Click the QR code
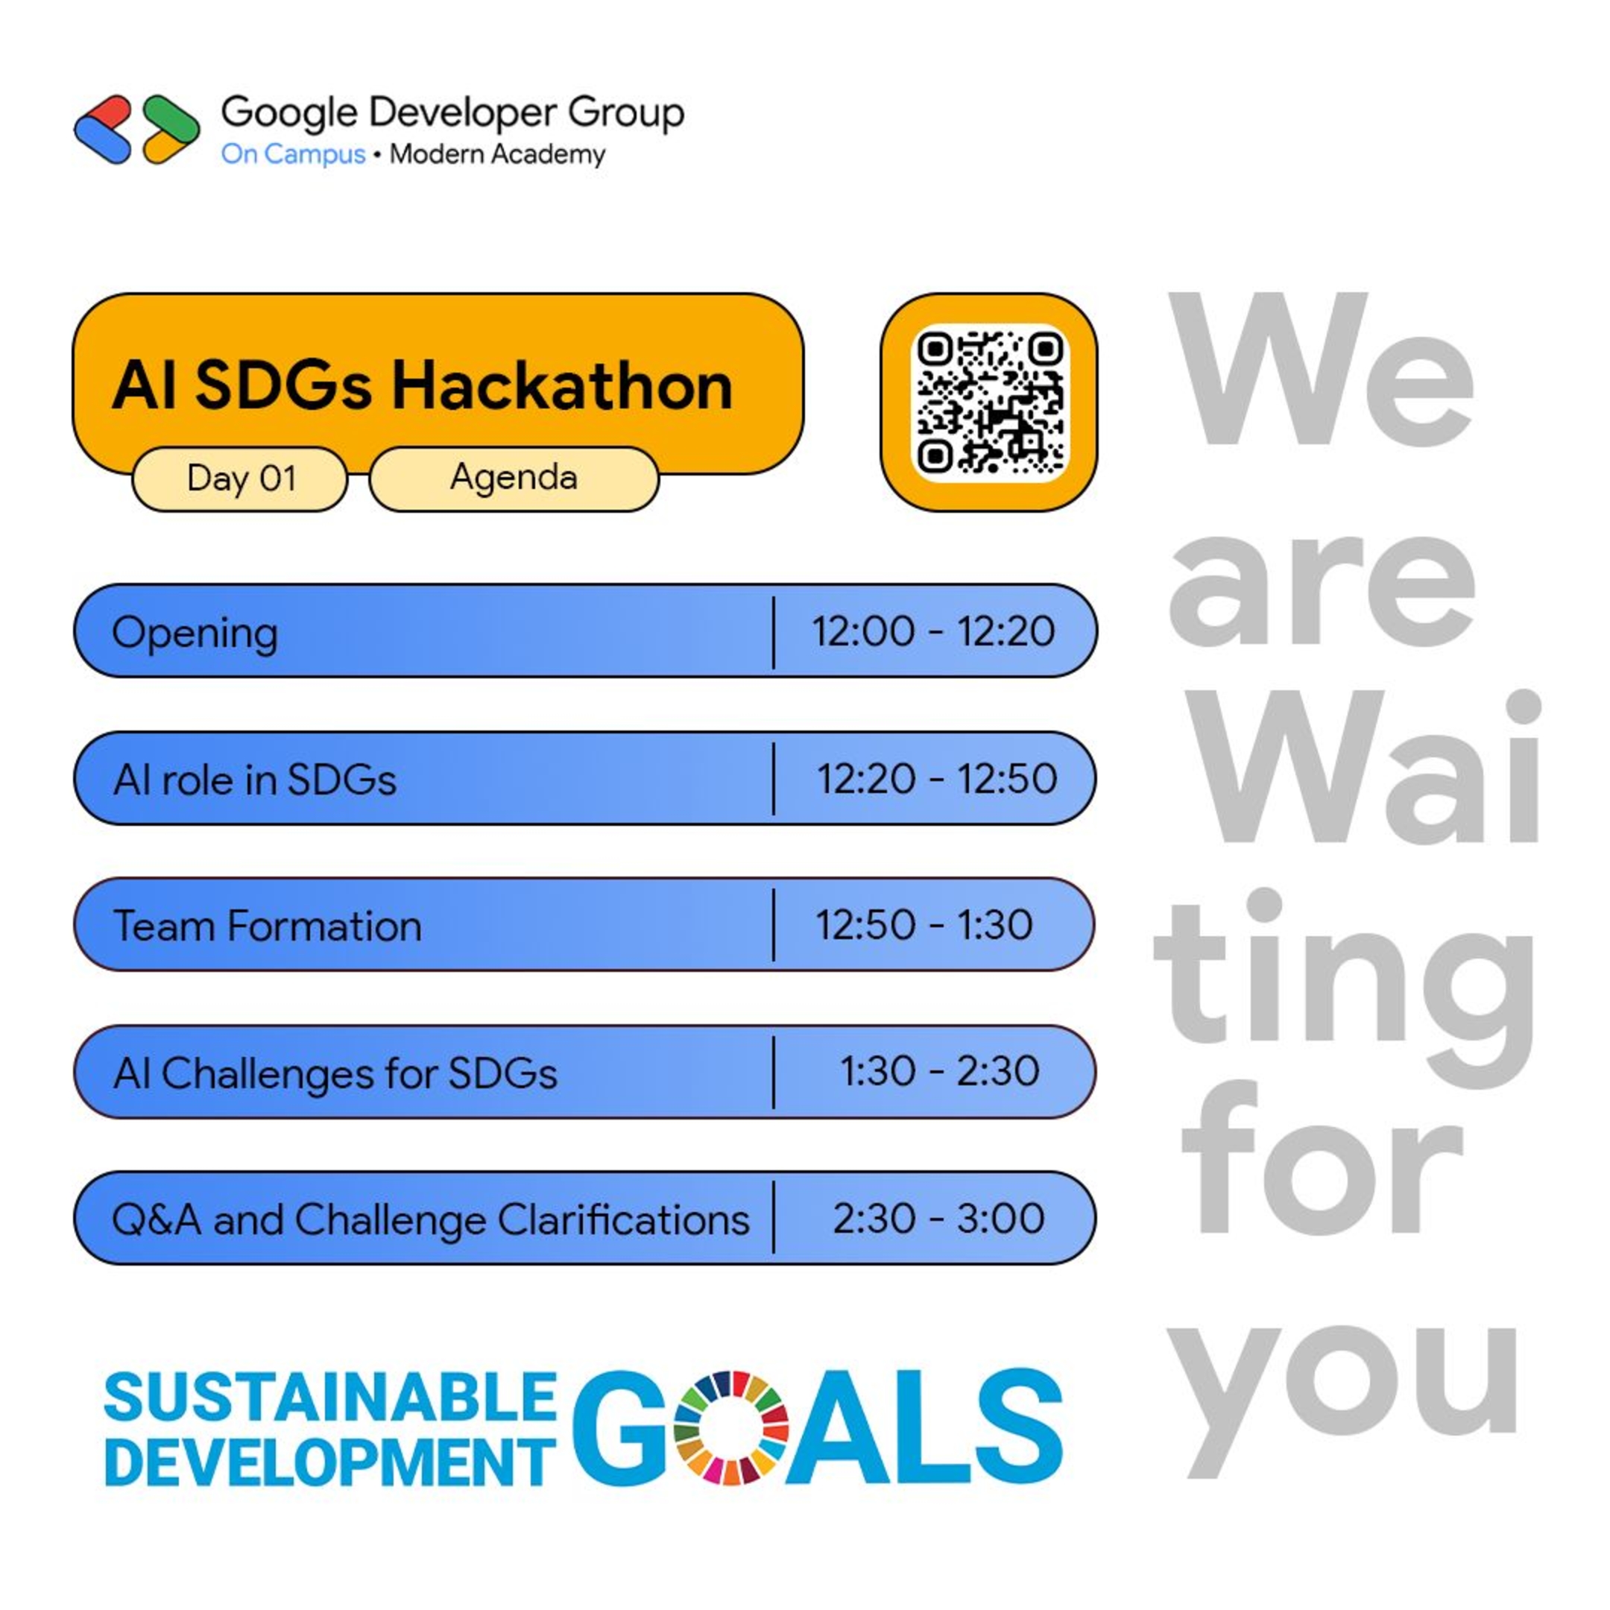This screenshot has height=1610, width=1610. pyautogui.click(x=989, y=402)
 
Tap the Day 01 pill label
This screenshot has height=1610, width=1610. pyautogui.click(x=241, y=479)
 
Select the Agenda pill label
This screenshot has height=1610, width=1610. pyautogui.click(x=514, y=478)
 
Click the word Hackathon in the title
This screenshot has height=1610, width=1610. pyautogui.click(x=563, y=387)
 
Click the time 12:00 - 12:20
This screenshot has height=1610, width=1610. pyautogui.click(x=933, y=631)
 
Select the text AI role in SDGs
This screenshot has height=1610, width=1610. pyautogui.click(x=254, y=780)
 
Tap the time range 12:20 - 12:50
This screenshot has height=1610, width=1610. pyautogui.click(x=937, y=778)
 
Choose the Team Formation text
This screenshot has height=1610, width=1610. pyautogui.click(x=267, y=926)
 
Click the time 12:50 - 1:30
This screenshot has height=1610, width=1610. pyautogui.click(x=924, y=925)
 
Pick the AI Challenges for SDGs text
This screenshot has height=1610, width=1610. pyautogui.click(x=335, y=1073)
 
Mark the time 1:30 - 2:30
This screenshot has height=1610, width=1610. pyautogui.click(x=939, y=1071)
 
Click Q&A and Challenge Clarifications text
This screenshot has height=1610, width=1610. pyautogui.click(x=430, y=1220)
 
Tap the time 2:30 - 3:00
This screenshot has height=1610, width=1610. pyautogui.click(x=938, y=1219)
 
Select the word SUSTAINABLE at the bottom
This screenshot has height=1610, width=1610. pyautogui.click(x=330, y=1398)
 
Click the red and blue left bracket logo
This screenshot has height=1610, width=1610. pyautogui.click(x=104, y=129)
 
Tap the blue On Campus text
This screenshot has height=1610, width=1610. pyautogui.click(x=292, y=154)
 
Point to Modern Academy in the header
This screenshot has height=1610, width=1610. pyautogui.click(x=497, y=154)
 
